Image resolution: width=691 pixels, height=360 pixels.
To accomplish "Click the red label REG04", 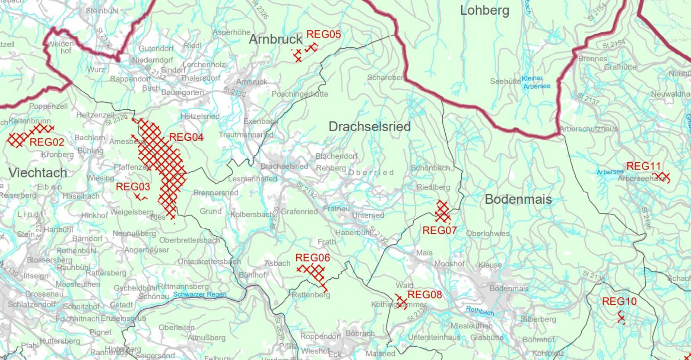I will (186, 137).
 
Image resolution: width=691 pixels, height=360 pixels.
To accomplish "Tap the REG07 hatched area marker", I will (443, 211).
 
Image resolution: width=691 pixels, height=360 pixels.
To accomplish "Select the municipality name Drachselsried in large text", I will (369, 126).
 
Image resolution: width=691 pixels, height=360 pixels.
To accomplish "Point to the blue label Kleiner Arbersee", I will (536, 82).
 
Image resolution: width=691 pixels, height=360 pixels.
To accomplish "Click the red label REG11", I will (643, 166).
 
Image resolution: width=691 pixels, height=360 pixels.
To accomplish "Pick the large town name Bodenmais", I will (518, 199).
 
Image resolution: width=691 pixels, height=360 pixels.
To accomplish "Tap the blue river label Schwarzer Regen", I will (200, 295).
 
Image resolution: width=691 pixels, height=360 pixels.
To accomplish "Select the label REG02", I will (47, 142).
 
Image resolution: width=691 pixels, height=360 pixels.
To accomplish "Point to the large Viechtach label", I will (38, 173).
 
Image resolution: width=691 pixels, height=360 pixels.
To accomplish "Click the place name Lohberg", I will (485, 10).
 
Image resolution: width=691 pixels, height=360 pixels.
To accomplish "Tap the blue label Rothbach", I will (480, 311).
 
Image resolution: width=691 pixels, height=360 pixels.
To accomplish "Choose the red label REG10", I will (619, 301).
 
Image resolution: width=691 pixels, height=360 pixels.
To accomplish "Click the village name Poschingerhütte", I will (300, 94).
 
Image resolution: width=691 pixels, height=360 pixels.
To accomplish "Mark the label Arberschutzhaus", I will (589, 129).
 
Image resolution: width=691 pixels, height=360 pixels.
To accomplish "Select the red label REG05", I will (323, 35).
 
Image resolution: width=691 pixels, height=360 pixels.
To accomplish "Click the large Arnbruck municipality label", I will (276, 39).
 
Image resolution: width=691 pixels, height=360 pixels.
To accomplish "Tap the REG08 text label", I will (425, 295).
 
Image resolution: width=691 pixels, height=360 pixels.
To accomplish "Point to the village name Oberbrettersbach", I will (190, 240).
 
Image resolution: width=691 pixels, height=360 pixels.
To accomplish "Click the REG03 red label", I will (133, 187).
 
